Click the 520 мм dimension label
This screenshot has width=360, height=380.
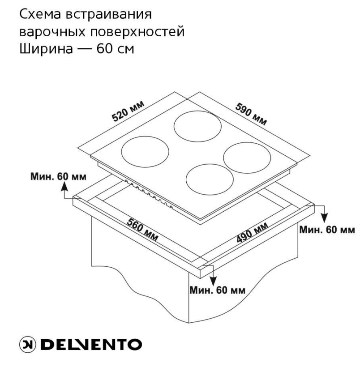(x=128, y=111)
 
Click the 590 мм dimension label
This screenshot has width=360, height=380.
(x=251, y=114)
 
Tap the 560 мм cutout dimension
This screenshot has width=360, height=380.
(x=143, y=230)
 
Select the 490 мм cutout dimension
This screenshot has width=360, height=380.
(x=252, y=232)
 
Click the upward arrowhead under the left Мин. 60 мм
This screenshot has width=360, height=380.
(x=64, y=186)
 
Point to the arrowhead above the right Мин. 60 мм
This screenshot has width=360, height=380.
(x=325, y=218)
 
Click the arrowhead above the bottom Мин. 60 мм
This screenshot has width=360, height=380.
(x=213, y=281)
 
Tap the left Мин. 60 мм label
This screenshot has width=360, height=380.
(x=58, y=176)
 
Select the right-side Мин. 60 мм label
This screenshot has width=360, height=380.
(x=327, y=230)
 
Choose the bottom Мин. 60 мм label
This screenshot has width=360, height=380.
(x=218, y=290)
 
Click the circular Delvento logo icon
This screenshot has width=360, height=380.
(x=27, y=344)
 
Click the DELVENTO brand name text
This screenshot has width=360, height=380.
(x=91, y=345)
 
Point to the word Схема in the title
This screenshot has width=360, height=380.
(x=40, y=14)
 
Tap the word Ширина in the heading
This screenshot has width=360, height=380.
(x=46, y=49)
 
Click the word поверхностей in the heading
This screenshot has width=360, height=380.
(x=137, y=32)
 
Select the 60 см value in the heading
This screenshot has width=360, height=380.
(x=116, y=48)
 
